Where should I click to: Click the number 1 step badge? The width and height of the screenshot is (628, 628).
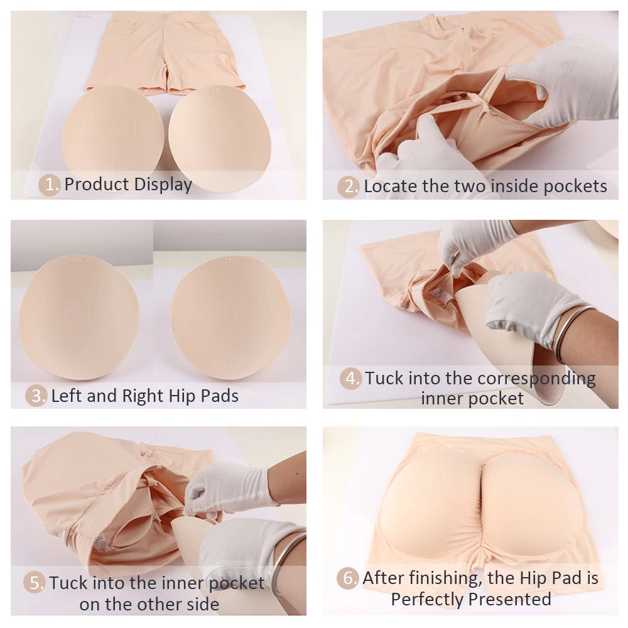pos(49,185)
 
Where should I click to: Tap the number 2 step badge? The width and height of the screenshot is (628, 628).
pos(348,187)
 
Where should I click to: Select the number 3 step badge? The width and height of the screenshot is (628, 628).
pos(36,396)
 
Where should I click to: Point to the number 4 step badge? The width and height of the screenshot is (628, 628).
pos(350,379)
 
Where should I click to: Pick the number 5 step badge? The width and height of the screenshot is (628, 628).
pos(35,583)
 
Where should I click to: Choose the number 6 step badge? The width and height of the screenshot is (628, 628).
pos(348,578)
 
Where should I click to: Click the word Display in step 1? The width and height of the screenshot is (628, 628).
pos(163,185)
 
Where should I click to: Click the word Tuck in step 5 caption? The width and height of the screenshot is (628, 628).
pos(67,583)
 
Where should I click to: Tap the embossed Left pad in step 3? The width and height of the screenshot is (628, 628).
pos(79,317)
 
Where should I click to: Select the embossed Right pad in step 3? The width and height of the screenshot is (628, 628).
pos(230,317)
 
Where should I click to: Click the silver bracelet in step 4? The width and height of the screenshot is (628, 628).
pos(571,332)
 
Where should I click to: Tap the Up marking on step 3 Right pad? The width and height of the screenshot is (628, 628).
pos(230,261)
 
